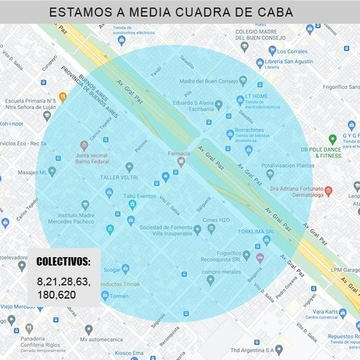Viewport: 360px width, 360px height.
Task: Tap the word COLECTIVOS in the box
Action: coord(64,261)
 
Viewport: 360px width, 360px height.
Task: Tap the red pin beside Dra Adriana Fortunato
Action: coord(328,192)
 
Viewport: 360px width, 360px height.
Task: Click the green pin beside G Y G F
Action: coord(332,138)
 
